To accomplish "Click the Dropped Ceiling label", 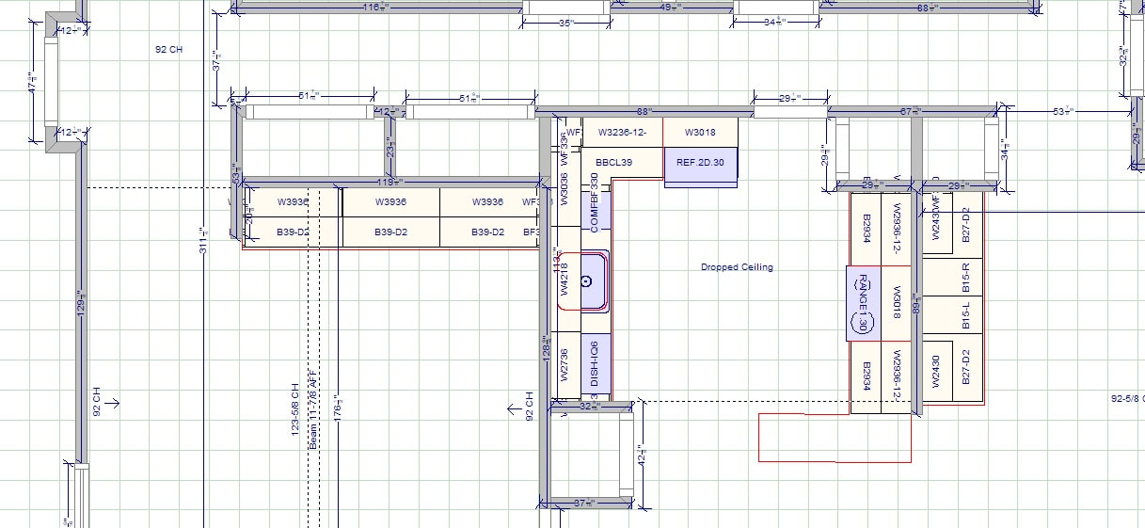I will pos(737,267).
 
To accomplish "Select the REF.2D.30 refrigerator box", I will pos(700,163).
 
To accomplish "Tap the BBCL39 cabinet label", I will pos(613,163).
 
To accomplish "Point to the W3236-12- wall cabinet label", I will pos(621,133).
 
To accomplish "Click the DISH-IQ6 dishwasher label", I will pos(595,363).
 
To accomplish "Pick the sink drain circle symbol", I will pos(586,280).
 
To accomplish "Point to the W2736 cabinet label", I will pos(565,364).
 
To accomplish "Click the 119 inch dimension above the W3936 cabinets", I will pos(390,182).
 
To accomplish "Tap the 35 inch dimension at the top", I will pos(565,24).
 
